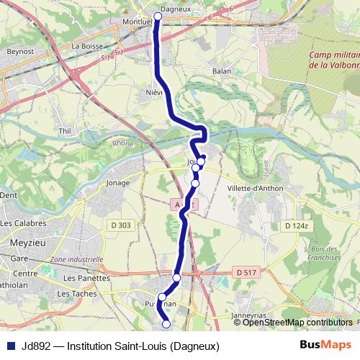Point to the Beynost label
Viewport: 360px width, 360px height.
pos(16,52)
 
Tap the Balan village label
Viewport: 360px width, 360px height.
pos(222,71)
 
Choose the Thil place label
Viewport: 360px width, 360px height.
pos(66,131)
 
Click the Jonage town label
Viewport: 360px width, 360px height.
pos(118,183)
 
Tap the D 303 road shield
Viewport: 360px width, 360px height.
pos(120,225)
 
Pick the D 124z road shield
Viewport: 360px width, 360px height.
pos(296,225)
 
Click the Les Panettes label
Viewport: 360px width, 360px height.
pos(84,277)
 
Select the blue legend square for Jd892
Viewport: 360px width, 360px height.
pos(10,346)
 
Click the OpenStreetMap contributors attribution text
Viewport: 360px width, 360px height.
pos(297,323)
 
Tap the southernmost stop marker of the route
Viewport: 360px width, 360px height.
pos(166,324)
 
